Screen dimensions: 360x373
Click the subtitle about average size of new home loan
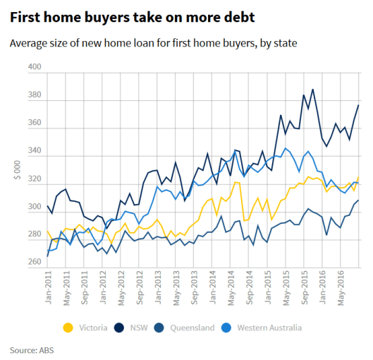pos(153,44)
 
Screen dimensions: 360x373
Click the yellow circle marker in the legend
pos(68,328)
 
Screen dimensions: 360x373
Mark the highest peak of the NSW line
pos(312,90)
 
